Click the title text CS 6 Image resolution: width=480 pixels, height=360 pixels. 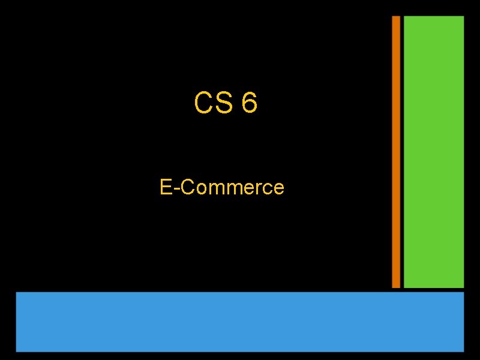(x=226, y=103)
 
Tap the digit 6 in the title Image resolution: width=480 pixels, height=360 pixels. (x=249, y=103)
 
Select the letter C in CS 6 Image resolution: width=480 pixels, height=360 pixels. (x=203, y=103)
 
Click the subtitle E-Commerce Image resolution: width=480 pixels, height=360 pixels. (x=222, y=187)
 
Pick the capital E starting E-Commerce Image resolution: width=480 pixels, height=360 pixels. (x=166, y=187)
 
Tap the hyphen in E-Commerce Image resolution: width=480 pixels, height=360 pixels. (x=176, y=189)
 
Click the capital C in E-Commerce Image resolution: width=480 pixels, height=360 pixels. (x=186, y=187)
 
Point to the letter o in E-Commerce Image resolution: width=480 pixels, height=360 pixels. (x=199, y=189)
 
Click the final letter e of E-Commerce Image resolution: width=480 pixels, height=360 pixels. (x=278, y=189)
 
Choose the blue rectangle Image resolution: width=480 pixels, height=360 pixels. (x=240, y=322)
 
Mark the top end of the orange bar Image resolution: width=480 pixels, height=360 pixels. (x=396, y=17)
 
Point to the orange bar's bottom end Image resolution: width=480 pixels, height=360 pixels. (x=396, y=286)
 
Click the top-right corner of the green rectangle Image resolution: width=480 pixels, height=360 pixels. (x=463, y=17)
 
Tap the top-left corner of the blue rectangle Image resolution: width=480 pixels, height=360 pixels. (x=17, y=293)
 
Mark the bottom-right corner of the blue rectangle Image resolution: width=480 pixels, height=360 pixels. (x=463, y=350)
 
